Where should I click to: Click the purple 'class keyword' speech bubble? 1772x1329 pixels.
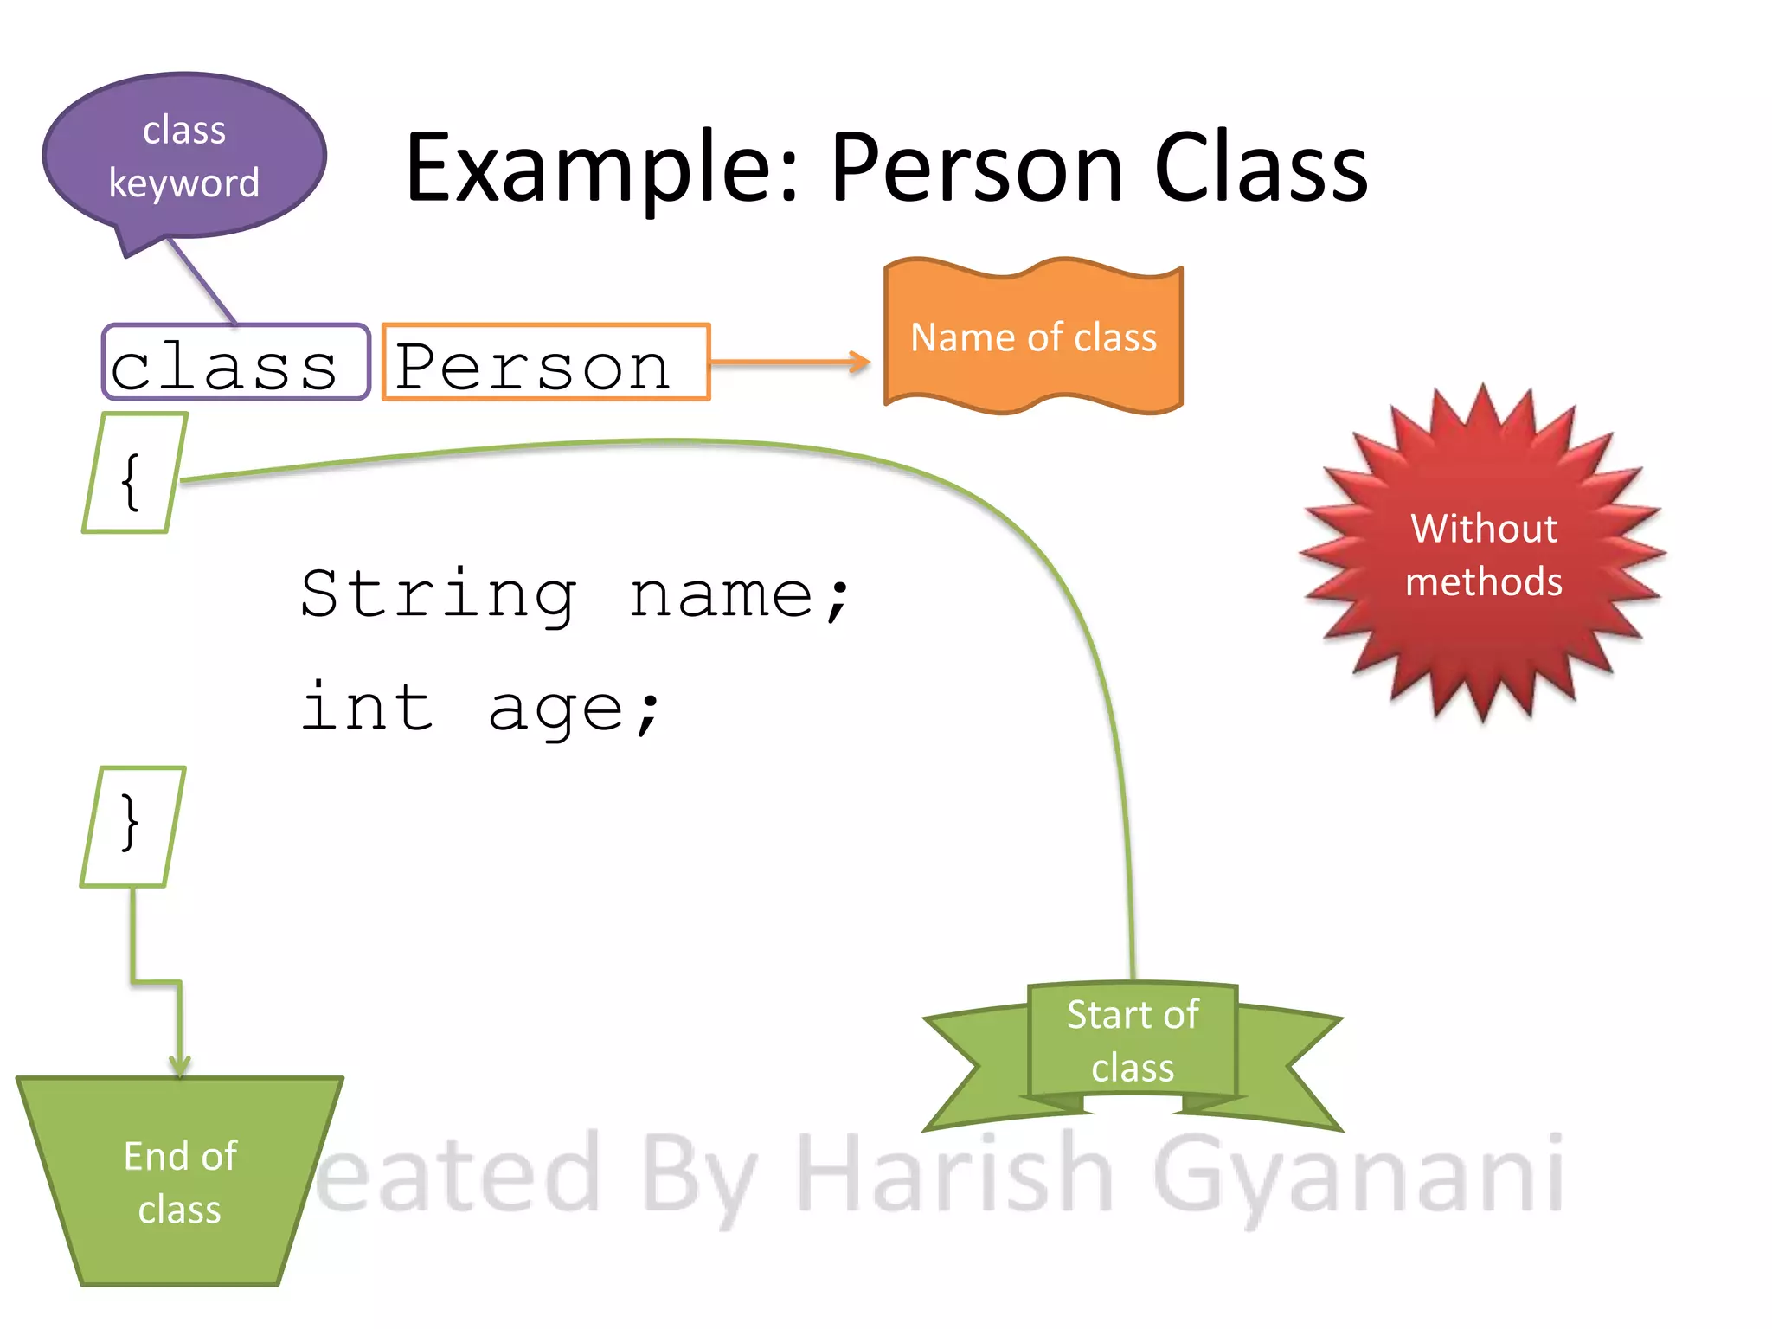pos(183,156)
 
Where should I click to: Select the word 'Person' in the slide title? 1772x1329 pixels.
pos(977,169)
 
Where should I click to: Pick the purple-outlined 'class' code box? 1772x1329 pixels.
pos(235,363)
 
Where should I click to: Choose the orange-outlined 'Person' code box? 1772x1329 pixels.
pos(545,363)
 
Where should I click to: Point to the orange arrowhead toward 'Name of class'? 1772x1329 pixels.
pos(859,362)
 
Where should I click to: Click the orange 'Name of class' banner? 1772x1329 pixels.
pos(1033,337)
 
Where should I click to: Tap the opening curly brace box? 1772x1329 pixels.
pos(134,473)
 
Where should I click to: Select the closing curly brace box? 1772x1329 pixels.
pos(132,826)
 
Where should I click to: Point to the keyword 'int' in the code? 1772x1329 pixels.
pos(367,708)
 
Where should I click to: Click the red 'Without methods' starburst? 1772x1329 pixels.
pos(1483,555)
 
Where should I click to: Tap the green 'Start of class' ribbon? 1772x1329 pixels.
pos(1133,1041)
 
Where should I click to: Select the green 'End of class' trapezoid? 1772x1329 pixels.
pos(180,1182)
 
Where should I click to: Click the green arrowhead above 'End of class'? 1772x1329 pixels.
pos(180,1065)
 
